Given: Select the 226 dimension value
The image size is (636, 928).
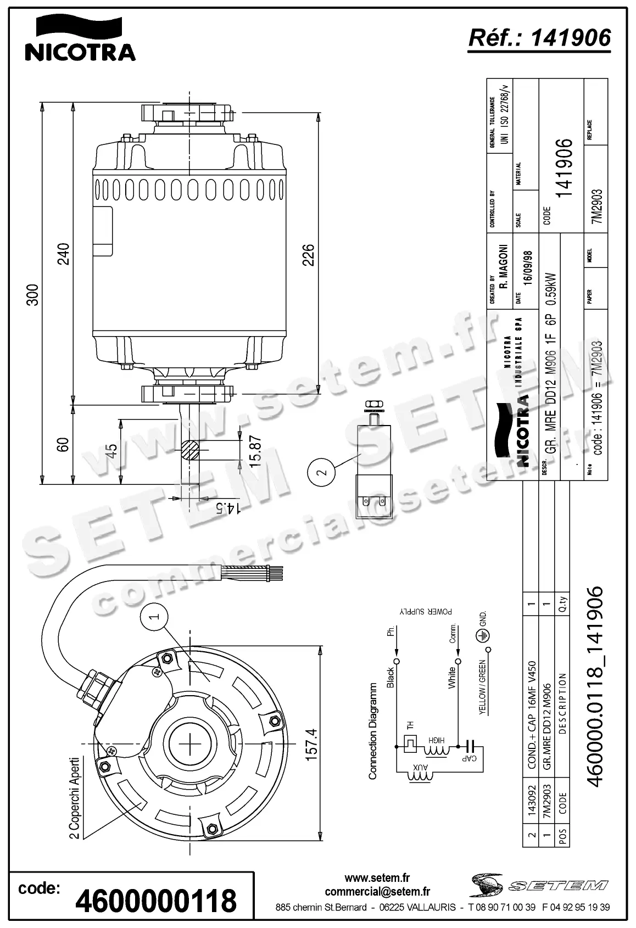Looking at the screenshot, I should click(x=308, y=255).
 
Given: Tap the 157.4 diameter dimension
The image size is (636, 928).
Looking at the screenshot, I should click(x=310, y=744).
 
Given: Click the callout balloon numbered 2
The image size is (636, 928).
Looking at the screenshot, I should click(x=322, y=472).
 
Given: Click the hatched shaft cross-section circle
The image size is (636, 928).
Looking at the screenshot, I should click(x=191, y=450).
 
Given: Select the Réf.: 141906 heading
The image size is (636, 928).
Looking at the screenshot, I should click(x=539, y=37).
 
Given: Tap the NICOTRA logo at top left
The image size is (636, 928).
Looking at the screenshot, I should click(x=80, y=39).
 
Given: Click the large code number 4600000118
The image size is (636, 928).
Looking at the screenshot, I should click(x=156, y=901).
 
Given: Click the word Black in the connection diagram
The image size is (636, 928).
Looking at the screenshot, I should click(x=390, y=678).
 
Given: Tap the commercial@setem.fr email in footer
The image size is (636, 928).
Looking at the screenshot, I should click(x=377, y=892).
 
